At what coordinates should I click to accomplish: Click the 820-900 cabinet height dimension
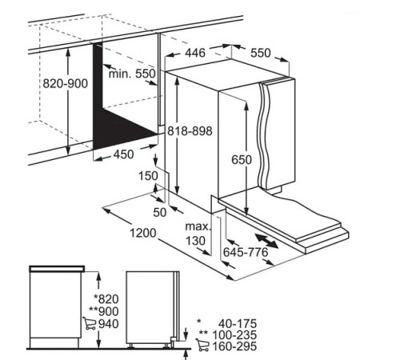point(66,84)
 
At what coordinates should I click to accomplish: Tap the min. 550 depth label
point(132,74)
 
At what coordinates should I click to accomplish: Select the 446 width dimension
point(195,53)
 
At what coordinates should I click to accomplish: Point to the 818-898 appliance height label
point(190,131)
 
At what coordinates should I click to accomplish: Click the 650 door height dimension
point(242,160)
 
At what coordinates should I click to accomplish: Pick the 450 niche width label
point(123,154)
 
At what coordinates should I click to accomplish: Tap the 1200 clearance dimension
point(143,233)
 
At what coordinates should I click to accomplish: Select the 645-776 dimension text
point(246,252)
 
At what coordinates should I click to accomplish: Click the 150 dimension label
point(148,176)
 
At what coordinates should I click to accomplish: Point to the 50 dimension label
point(160,212)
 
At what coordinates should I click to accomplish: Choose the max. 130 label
point(198,234)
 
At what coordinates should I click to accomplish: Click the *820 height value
point(106,299)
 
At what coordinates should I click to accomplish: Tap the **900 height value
point(104,311)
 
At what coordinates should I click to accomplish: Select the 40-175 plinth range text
point(238,324)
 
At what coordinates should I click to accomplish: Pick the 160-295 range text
point(234,346)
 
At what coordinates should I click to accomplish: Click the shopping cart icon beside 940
point(90,323)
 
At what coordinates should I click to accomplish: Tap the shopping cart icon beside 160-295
point(202,345)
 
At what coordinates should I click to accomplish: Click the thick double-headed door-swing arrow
point(266,241)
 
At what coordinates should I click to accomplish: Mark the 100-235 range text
point(234,335)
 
